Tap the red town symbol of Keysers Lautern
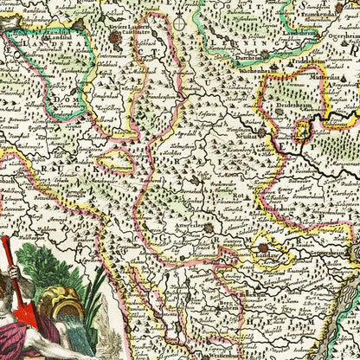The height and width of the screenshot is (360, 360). pos(138,38)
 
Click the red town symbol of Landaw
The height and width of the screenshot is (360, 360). pos(263,247)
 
